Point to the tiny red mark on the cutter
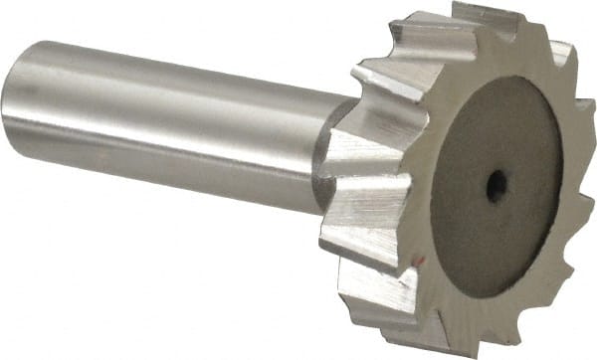coord(422,261)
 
